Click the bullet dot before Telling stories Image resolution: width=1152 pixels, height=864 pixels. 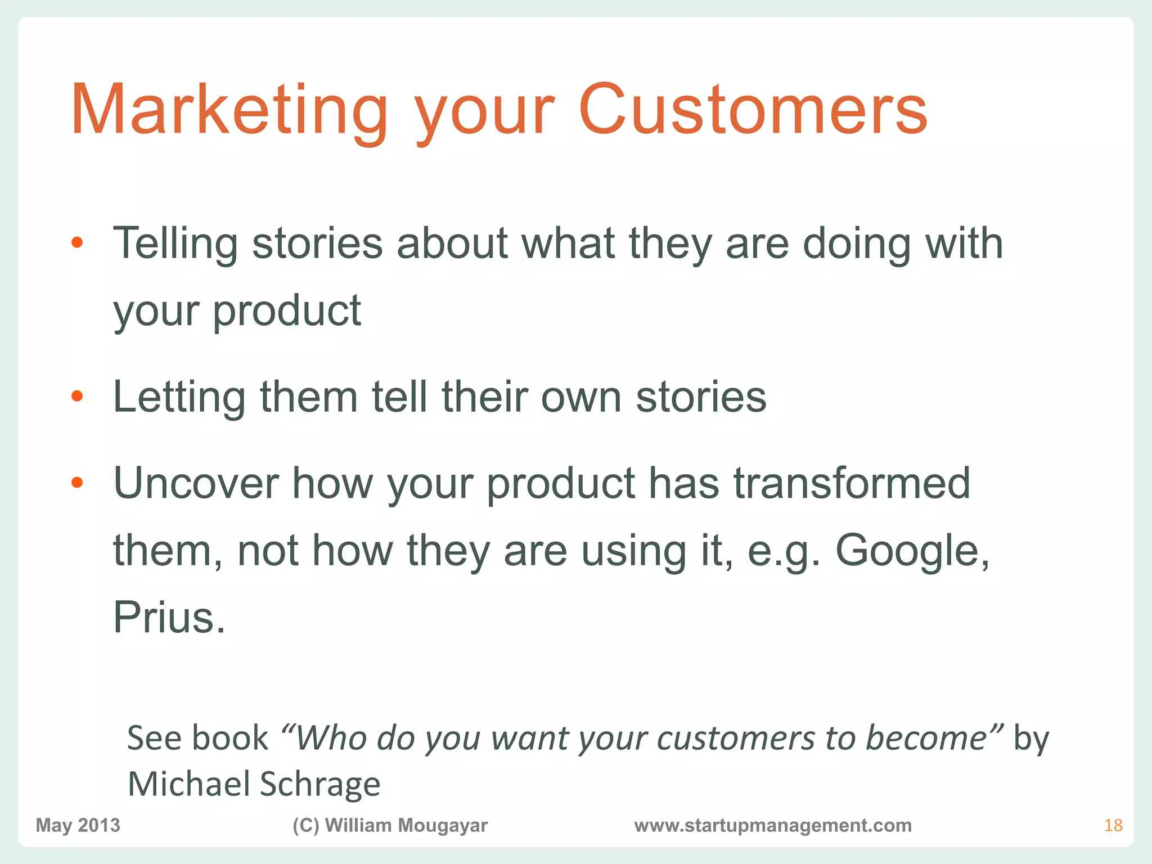(x=78, y=243)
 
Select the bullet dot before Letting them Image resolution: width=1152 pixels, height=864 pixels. (x=78, y=397)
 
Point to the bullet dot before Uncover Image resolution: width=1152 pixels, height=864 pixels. (x=78, y=483)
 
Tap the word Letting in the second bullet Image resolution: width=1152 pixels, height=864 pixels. (x=179, y=397)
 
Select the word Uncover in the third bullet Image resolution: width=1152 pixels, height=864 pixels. (x=196, y=484)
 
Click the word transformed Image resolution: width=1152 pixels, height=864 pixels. (x=852, y=484)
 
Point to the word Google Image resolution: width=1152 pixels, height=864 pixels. (x=911, y=551)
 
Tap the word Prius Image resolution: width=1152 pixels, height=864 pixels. (x=169, y=618)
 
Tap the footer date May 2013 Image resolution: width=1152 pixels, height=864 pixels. (x=78, y=825)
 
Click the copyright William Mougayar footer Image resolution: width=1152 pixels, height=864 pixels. (x=390, y=825)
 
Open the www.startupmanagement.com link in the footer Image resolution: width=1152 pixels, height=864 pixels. (x=773, y=825)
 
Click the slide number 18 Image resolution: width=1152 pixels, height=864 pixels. (x=1113, y=825)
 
